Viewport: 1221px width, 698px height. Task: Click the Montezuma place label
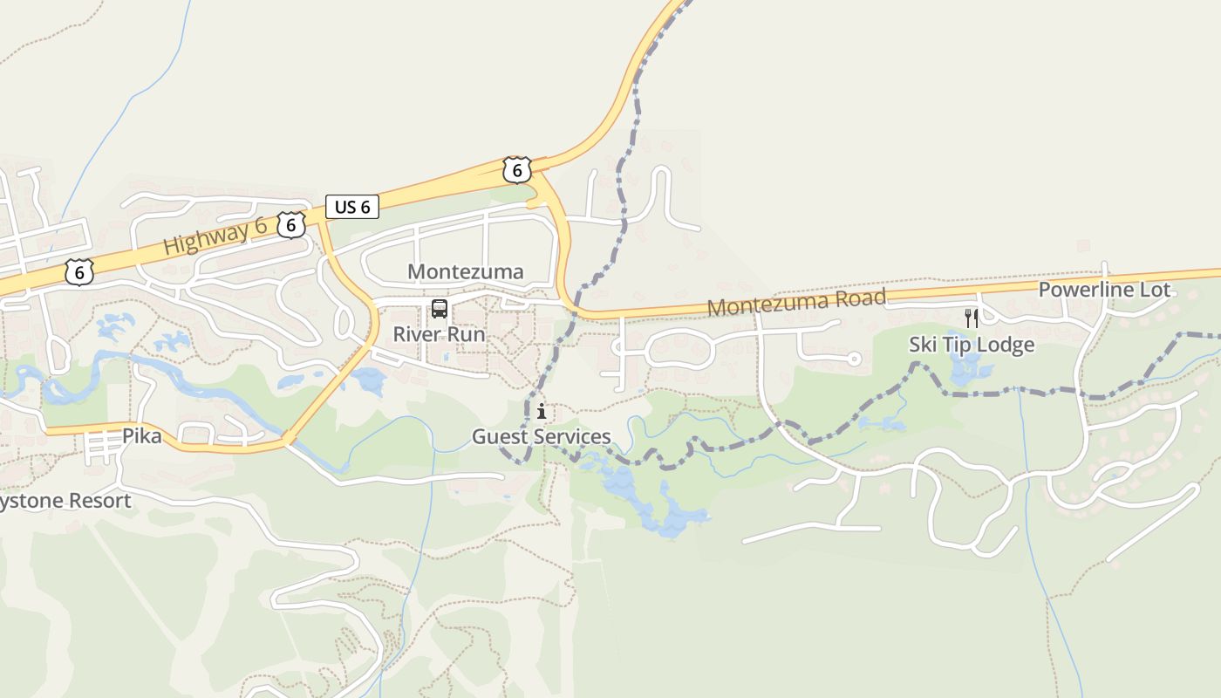(x=466, y=271)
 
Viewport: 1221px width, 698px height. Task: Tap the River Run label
(x=439, y=334)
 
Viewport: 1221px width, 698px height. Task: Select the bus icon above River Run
(x=439, y=308)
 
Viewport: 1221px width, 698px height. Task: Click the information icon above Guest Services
(x=542, y=411)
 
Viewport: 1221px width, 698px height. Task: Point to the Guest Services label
(x=541, y=436)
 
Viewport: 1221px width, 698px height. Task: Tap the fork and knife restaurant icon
(x=971, y=318)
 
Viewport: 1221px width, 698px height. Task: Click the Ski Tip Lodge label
(x=972, y=345)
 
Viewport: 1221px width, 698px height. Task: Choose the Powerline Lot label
(x=1104, y=290)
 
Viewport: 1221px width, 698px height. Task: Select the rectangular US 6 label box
(x=352, y=207)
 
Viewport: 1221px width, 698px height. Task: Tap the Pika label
(x=141, y=435)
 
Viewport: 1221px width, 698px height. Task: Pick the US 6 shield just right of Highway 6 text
(x=291, y=225)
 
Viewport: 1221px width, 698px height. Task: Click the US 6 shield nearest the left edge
(x=78, y=272)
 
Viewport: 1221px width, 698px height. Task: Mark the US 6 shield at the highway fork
(x=517, y=170)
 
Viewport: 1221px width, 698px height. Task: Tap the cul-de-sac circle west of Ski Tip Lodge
(x=854, y=359)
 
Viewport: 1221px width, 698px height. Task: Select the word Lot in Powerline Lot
(x=1152, y=290)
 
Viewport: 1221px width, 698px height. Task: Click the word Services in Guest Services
(x=572, y=436)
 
